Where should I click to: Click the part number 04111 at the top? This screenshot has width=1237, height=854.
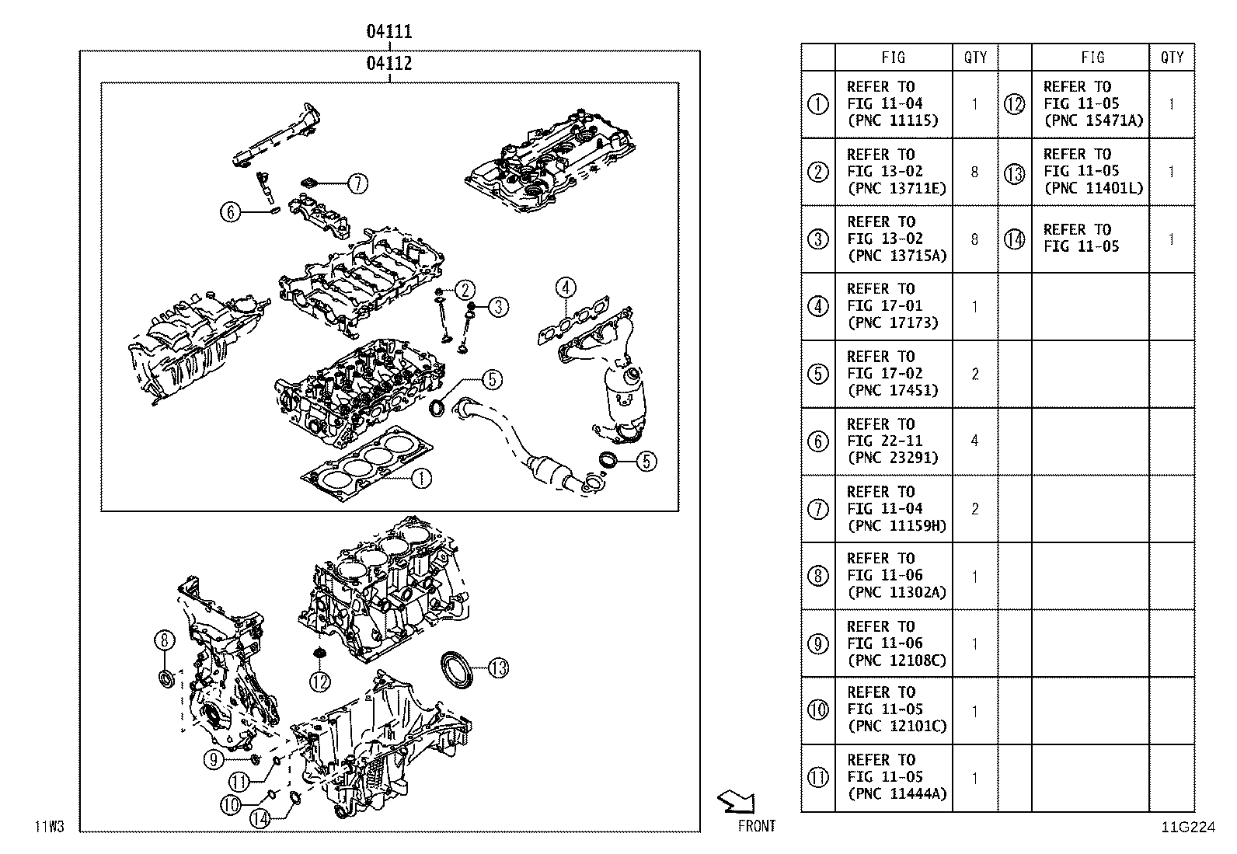pos(389,32)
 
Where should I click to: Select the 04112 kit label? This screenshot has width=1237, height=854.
pos(389,64)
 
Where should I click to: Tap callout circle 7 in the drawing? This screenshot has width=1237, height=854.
pos(357,183)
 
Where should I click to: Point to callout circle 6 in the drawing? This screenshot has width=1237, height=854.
pos(231,211)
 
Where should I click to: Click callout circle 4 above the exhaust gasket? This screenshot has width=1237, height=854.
pos(566,288)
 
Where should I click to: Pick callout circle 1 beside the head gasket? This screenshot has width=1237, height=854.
pos(421,479)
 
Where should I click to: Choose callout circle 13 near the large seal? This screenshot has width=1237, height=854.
pos(498,668)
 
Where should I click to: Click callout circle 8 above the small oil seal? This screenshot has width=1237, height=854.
pos(165,640)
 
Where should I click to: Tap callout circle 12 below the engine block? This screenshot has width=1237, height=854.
pos(320,681)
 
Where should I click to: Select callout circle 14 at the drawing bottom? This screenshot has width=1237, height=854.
pos(260,818)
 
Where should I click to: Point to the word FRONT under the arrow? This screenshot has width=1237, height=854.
pos(757,826)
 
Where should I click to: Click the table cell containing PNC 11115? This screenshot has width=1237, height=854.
pos(894,104)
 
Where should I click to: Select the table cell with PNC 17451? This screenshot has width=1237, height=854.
pos(894,374)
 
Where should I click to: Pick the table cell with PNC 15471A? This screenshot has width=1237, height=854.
pos(1090,104)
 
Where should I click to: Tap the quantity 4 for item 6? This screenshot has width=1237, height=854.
pos(974,441)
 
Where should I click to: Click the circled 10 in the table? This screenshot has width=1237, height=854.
pos(818,709)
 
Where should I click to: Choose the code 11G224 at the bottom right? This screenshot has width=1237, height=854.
pos(1188,827)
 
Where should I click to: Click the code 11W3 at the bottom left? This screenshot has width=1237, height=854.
pos(50,827)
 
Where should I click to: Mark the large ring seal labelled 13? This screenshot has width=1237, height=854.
pos(457,670)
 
